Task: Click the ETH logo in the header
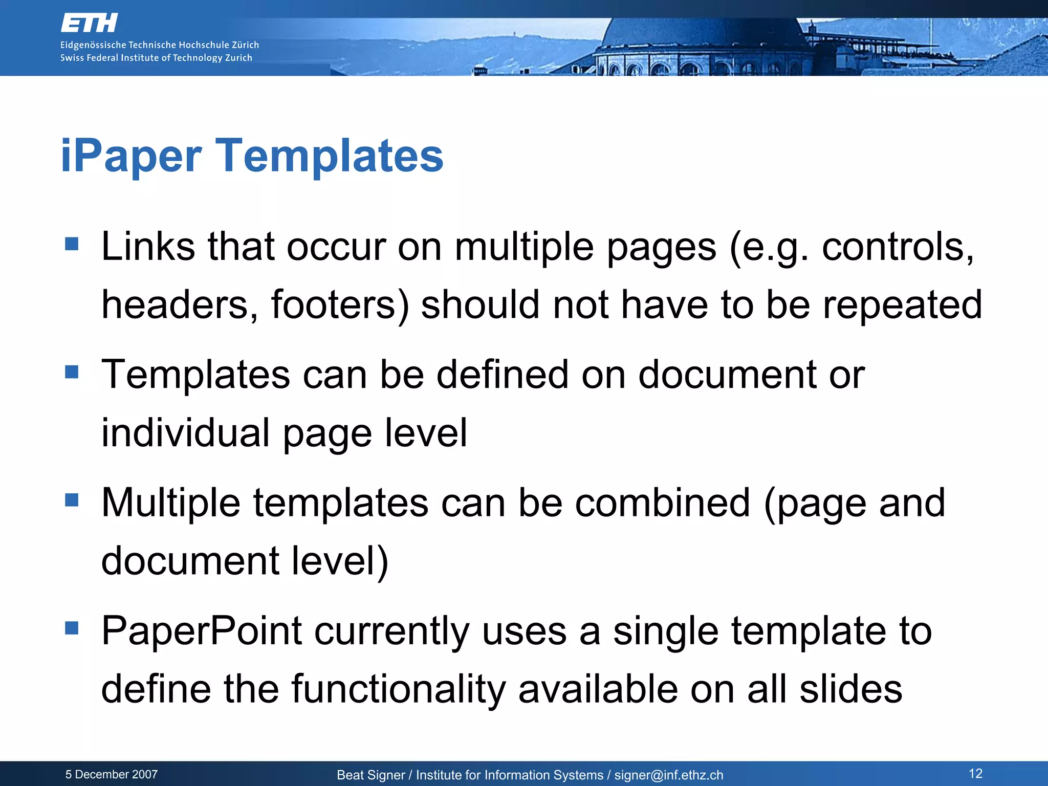pyautogui.click(x=90, y=23)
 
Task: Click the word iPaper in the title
pyautogui.click(x=131, y=156)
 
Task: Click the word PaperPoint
pyautogui.click(x=202, y=631)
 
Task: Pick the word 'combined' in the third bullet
pyautogui.click(x=663, y=503)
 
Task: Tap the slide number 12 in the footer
pyautogui.click(x=975, y=773)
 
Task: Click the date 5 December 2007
pyautogui.click(x=112, y=774)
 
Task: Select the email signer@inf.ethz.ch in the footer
pyautogui.click(x=669, y=775)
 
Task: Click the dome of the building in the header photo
pyautogui.click(x=701, y=36)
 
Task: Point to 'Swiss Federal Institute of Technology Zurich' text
pyautogui.click(x=156, y=58)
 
